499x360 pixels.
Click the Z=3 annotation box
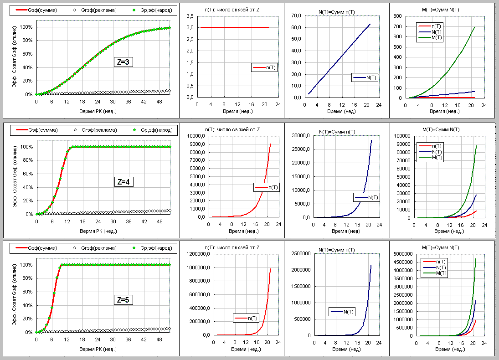[x=123, y=63]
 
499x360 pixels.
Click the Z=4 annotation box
[x=123, y=182]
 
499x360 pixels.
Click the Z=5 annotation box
[x=123, y=300]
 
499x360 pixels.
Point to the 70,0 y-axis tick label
[x=296, y=16]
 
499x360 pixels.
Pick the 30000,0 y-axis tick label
[x=299, y=136]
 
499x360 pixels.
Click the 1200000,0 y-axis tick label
[x=197, y=254]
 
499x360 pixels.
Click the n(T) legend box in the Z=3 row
[x=264, y=68]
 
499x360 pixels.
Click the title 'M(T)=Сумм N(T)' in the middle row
[x=441, y=130]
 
